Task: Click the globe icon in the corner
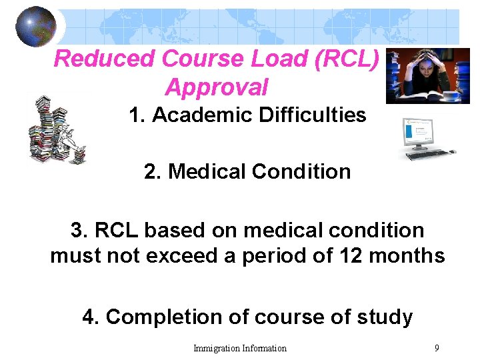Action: click(x=36, y=26)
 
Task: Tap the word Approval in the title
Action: click(x=217, y=87)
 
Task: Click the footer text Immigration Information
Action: click(x=240, y=348)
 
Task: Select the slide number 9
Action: click(x=436, y=347)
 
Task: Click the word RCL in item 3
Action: click(x=118, y=231)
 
